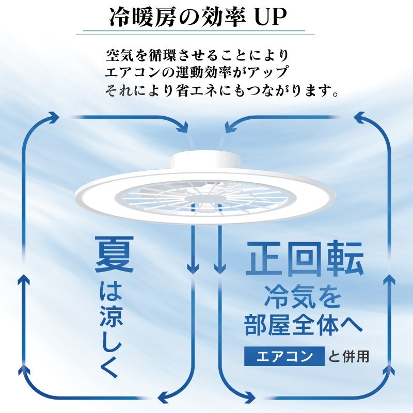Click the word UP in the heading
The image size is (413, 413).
click(x=270, y=18)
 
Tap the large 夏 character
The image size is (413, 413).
click(x=114, y=254)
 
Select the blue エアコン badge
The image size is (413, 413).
click(x=284, y=356)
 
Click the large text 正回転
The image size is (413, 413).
click(x=305, y=258)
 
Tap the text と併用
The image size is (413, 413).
click(x=348, y=356)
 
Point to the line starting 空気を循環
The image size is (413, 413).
click(x=198, y=55)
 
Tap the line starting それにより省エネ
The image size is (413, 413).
click(x=222, y=90)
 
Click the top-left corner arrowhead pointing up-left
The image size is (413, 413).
click(x=54, y=117)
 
